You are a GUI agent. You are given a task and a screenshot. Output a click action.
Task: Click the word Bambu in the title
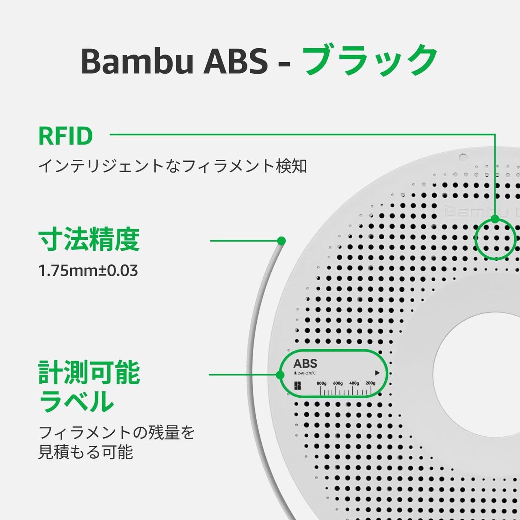[137, 61]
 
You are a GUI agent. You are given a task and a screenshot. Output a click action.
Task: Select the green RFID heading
[65, 136]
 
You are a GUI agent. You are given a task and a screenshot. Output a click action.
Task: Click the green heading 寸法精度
[89, 240]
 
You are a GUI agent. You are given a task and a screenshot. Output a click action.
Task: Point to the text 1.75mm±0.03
[88, 271]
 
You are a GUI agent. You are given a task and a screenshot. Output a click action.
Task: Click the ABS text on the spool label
[305, 364]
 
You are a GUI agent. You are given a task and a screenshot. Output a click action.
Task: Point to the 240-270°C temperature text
[307, 373]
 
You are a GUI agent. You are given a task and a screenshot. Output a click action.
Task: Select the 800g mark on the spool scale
[321, 383]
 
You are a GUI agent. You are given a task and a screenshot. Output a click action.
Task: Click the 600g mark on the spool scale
[338, 383]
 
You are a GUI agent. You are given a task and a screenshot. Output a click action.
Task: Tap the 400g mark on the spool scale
[354, 383]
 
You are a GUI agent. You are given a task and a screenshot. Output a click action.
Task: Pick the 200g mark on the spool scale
[370, 383]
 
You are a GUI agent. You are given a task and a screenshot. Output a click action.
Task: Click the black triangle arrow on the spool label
[377, 373]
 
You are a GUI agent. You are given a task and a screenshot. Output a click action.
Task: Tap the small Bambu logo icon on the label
[297, 386]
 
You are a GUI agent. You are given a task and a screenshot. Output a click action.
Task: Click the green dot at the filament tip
[281, 240]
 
